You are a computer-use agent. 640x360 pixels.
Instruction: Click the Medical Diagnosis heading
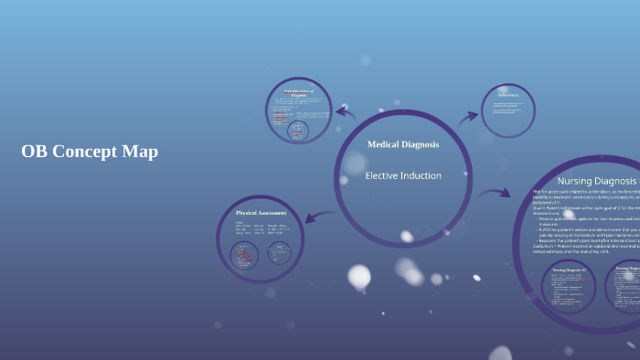(x=402, y=144)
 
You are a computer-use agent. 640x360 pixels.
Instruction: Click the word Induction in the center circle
(x=422, y=175)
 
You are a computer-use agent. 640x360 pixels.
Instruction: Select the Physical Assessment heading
(x=261, y=213)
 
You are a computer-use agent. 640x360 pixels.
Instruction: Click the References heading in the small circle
(x=507, y=95)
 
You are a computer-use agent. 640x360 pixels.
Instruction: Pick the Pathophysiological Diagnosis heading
(x=298, y=93)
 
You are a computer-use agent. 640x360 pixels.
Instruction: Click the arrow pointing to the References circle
(x=467, y=116)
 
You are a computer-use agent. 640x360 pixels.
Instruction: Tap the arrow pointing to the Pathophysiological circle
(x=346, y=113)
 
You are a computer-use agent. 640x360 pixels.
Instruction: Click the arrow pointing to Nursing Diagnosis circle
(x=494, y=193)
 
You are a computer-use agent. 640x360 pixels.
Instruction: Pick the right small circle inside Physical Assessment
(x=279, y=252)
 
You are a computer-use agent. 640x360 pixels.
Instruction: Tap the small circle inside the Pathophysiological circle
(x=298, y=131)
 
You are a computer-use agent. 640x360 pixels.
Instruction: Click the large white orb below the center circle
(x=359, y=276)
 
